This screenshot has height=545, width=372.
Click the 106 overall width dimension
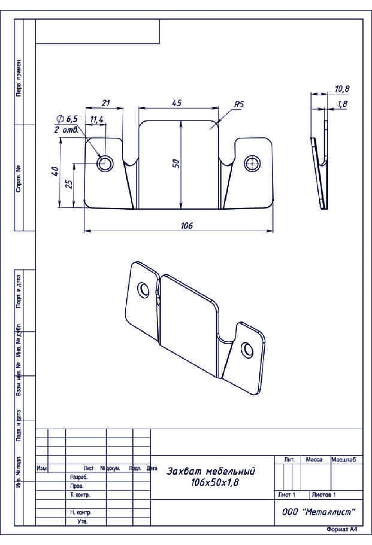[187, 225]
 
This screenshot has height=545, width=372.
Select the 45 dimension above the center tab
[177, 103]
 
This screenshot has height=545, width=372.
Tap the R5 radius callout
[239, 104]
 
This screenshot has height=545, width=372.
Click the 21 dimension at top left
[106, 103]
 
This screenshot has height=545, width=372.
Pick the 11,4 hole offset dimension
[97, 120]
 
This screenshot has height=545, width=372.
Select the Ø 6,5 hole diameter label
[67, 119]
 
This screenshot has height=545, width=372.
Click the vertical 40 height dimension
[55, 171]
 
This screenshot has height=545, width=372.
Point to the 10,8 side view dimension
[342, 89]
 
